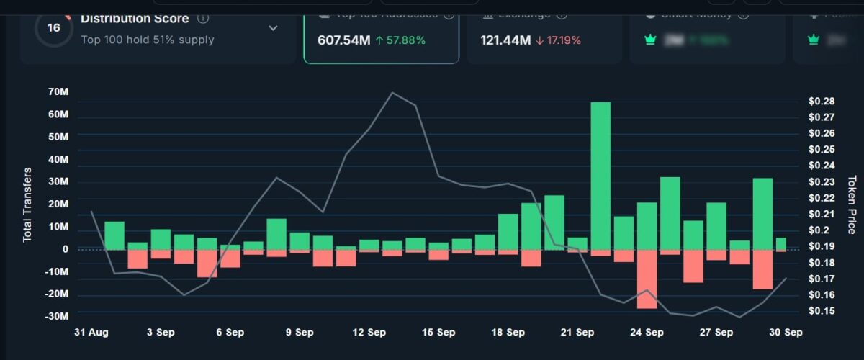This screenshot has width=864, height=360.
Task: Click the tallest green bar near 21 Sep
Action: tap(600, 176)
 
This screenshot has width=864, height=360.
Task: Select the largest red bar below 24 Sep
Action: tap(647, 279)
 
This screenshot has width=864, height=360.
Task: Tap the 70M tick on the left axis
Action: tap(59, 92)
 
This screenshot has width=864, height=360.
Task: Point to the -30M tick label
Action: tap(57, 316)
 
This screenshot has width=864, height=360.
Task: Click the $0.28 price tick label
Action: tap(821, 101)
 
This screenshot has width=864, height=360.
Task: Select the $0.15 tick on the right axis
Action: tap(821, 311)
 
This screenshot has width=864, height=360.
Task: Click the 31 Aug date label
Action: tap(91, 333)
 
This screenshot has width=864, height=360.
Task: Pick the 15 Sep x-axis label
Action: tap(438, 333)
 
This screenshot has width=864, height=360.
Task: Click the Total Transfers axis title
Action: tap(28, 205)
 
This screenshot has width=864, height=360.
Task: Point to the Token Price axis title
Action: tap(852, 205)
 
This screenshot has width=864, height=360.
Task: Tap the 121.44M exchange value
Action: tap(505, 40)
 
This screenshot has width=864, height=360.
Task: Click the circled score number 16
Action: tap(53, 28)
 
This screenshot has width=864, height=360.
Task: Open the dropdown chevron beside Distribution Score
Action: tap(273, 28)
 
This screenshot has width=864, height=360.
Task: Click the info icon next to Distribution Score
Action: tap(203, 18)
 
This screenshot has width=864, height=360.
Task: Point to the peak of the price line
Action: tap(392, 92)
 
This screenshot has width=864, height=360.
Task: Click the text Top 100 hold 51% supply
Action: tap(148, 40)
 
